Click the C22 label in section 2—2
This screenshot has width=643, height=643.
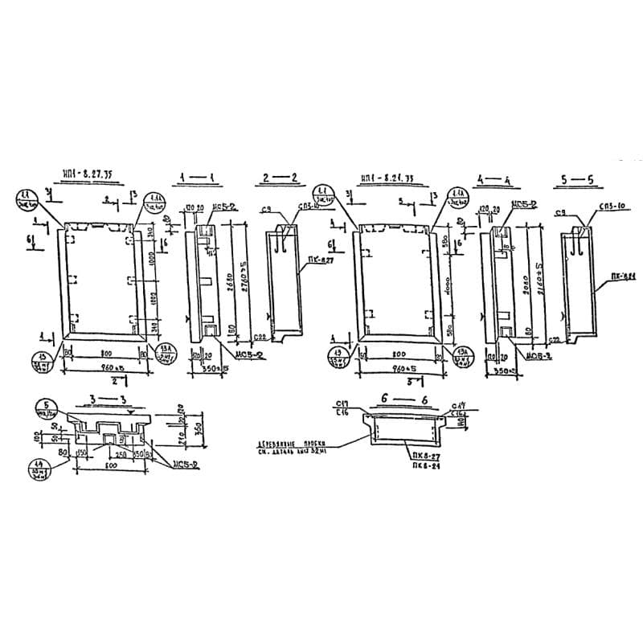(260, 337)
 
